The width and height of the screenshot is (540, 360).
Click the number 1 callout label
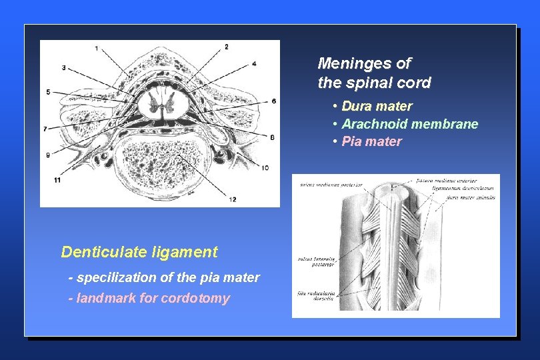[97, 48]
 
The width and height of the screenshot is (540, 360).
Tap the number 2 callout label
[226, 47]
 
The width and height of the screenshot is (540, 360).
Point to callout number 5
[49, 91]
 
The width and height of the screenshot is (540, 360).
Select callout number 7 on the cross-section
[45, 128]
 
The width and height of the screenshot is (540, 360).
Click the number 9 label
[48, 155]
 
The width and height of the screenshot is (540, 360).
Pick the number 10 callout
[265, 168]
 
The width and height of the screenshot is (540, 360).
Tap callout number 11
[58, 180]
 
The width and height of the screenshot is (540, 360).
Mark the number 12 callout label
[233, 199]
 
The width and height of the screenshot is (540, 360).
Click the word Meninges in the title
[346, 64]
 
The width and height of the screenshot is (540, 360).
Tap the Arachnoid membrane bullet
[409, 124]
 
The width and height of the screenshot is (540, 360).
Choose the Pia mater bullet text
[371, 141]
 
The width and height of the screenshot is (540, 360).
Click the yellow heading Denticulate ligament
[139, 252]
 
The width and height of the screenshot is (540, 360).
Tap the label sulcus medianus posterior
[331, 185]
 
